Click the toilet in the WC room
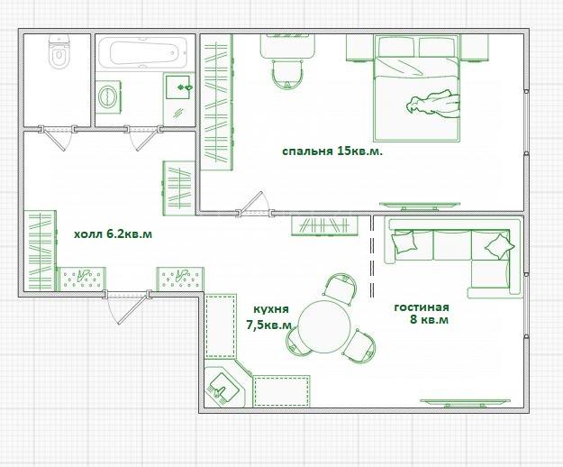(59, 51)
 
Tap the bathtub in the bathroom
(143, 53)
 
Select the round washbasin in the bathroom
(108, 97)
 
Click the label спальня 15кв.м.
(332, 151)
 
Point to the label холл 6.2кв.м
(114, 234)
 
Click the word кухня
(271, 309)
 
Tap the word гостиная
(422, 307)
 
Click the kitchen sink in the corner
(223, 388)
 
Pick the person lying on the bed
(433, 105)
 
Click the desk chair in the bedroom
(287, 74)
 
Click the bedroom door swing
(253, 203)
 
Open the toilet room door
(57, 137)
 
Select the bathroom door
(143, 137)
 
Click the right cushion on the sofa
(499, 246)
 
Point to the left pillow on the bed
(396, 46)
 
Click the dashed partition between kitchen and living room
(372, 256)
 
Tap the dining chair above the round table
(340, 288)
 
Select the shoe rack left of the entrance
(82, 279)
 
